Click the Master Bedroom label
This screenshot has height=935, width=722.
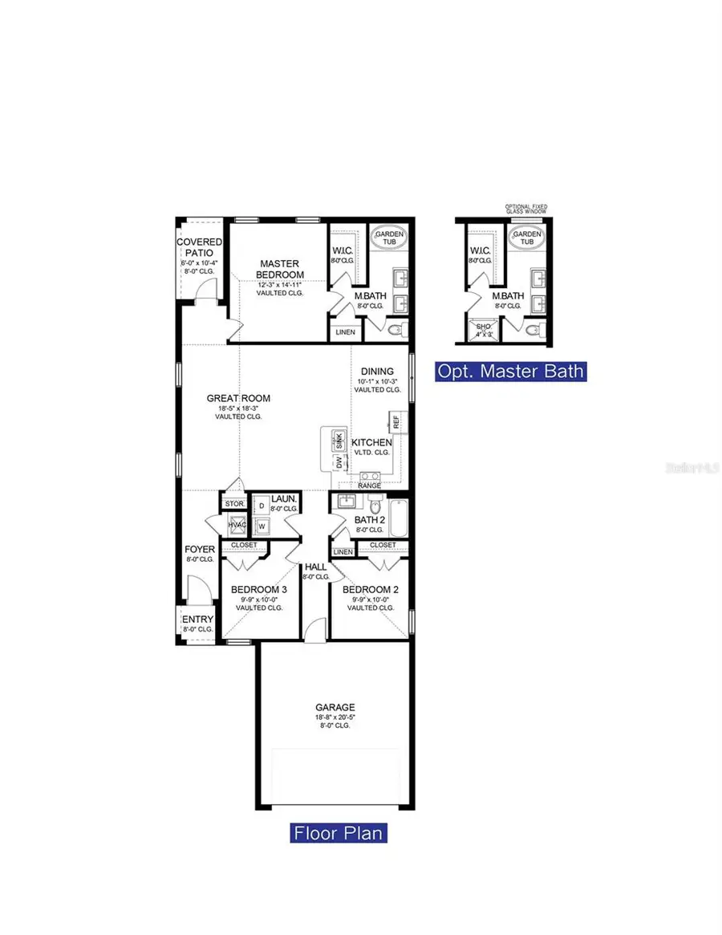pos(280,269)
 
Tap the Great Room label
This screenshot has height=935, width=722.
pos(238,398)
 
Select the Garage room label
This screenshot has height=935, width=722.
pos(335,708)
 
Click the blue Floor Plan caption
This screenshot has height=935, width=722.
pos(338,832)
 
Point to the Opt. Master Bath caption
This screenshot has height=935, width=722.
pos(510,371)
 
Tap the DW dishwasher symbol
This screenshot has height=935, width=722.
pos(339,463)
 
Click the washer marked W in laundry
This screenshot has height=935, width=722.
pos(262,526)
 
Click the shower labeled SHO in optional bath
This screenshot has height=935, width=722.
pos(484,329)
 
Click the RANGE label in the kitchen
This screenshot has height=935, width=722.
pos(369,486)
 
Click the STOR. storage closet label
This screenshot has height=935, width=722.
pos(233,504)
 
